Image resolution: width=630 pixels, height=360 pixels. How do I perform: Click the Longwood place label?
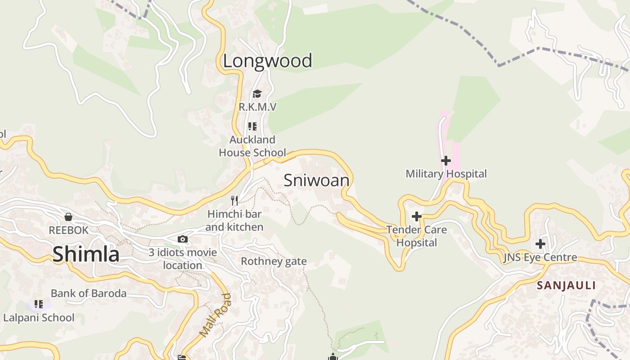pos(267,61)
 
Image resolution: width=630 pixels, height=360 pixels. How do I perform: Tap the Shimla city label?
pos(86,254)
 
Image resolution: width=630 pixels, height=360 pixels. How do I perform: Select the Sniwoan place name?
pos(316,180)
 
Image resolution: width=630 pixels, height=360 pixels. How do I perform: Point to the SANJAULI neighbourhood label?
pos(566,285)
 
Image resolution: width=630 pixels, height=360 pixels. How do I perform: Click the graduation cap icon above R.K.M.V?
pos(257,94)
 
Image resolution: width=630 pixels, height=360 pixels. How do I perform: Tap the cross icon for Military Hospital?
pos(445,161)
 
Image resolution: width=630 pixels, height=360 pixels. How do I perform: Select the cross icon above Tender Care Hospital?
pos(417,216)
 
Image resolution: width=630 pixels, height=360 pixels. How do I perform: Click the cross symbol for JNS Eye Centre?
pos(540,244)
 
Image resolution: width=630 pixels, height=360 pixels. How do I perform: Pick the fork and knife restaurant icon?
pos(234,200)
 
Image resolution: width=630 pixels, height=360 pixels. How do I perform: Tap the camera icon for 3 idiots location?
pos(183,239)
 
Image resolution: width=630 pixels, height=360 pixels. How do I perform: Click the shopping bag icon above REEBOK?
pos(68,217)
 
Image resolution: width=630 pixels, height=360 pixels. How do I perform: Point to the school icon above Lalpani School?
pos(39,304)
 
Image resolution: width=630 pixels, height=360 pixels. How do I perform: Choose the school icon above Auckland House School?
pos(252,126)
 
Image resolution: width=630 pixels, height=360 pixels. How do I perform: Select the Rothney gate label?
pos(274,261)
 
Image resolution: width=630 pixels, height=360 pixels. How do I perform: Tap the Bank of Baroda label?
pos(89,293)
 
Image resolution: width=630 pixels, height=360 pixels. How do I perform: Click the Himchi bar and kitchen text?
pos(234,220)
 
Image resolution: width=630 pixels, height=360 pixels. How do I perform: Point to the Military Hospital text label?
pos(446,174)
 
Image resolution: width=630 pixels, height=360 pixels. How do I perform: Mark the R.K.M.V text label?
pos(257,107)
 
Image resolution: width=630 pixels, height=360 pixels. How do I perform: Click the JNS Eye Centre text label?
pos(540,258)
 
